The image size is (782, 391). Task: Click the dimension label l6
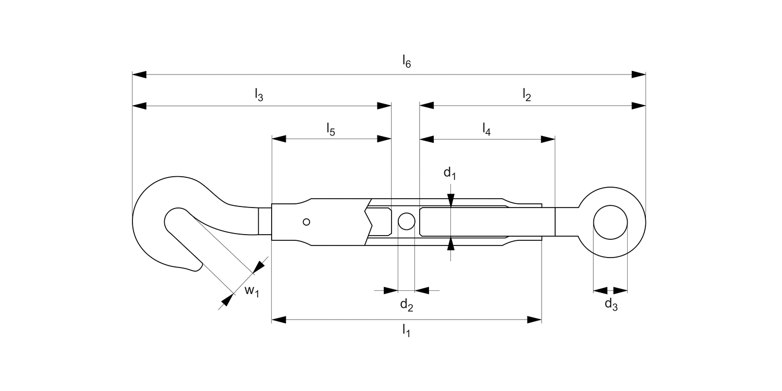(x=407, y=62)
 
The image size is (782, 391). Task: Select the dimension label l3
(x=259, y=94)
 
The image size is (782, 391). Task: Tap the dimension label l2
(x=527, y=94)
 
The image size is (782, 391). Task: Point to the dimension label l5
(x=331, y=128)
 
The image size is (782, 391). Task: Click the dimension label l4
(x=486, y=128)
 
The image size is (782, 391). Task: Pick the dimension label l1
(x=406, y=330)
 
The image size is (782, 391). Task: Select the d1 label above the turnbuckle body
(x=450, y=174)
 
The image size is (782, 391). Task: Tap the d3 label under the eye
(x=611, y=304)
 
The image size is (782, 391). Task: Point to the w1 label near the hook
(x=252, y=290)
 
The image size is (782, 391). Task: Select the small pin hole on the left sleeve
(x=307, y=222)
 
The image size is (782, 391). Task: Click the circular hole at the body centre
(x=406, y=222)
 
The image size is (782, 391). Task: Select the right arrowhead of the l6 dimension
(x=639, y=75)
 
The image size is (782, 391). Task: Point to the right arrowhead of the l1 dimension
(x=535, y=320)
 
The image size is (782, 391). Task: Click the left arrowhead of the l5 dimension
(x=279, y=139)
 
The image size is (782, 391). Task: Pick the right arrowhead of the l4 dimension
(x=548, y=139)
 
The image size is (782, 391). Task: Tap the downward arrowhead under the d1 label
(x=451, y=201)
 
